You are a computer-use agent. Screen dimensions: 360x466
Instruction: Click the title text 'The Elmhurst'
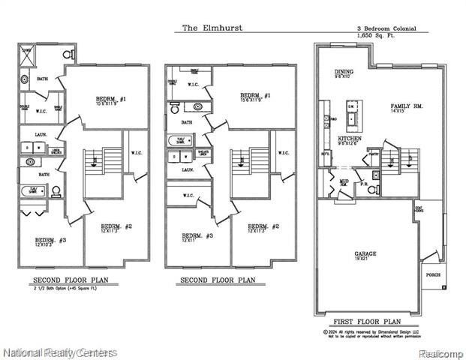tap(211, 28)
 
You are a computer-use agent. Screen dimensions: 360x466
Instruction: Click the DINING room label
tap(344, 73)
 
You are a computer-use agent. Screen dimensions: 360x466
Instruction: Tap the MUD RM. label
tap(343, 182)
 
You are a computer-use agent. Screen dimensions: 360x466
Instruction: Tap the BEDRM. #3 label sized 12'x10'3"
tap(45, 241)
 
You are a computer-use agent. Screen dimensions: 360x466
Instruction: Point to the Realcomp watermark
tap(440, 351)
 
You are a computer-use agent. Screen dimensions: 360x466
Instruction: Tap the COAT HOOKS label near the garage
tap(417, 211)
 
